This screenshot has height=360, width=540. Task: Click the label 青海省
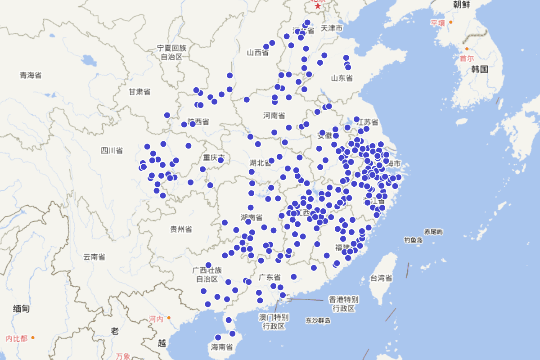point(31,75)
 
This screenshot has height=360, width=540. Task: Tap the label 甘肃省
point(139,92)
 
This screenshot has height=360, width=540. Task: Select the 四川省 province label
point(112,150)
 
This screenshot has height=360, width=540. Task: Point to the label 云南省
point(94,257)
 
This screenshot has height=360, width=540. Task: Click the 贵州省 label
point(181,229)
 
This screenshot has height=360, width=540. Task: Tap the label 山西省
point(258,53)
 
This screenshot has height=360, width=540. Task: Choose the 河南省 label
point(274,116)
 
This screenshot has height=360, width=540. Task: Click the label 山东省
point(342,78)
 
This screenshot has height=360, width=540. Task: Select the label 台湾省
point(381,278)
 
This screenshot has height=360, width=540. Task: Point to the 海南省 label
point(222,347)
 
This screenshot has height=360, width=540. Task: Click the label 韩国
point(480,69)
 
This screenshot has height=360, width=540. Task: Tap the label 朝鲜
point(462,4)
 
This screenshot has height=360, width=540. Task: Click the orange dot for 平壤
point(450,22)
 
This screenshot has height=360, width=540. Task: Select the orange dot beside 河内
point(169,318)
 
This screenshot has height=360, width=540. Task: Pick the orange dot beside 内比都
point(33,337)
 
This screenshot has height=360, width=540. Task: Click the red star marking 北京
point(318,6)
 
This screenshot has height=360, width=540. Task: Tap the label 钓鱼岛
point(413,240)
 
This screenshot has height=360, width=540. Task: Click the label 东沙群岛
point(318,320)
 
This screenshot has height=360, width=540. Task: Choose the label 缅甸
point(21,309)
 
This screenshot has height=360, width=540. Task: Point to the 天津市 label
point(332,28)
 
